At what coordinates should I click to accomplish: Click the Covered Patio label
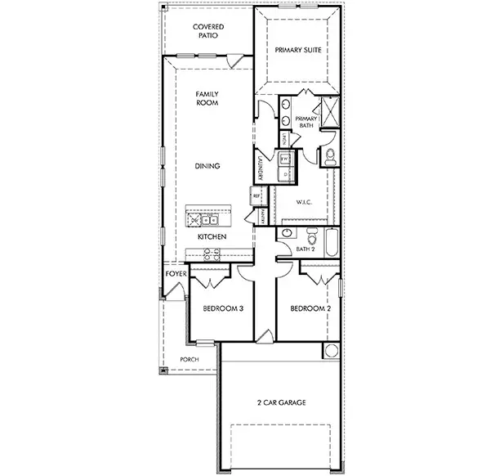pyautogui.click(x=208, y=31)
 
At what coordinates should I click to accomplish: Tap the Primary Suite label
pyautogui.click(x=297, y=50)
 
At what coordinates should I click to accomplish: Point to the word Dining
pyautogui.click(x=207, y=166)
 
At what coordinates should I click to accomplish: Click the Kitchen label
pyautogui.click(x=212, y=236)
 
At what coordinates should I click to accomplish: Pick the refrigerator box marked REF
pyautogui.click(x=256, y=196)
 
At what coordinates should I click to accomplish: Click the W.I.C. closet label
pyautogui.click(x=304, y=200)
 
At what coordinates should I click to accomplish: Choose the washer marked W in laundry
pyautogui.click(x=283, y=159)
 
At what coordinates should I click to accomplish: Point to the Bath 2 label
pyautogui.click(x=305, y=249)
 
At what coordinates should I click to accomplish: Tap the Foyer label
pyautogui.click(x=176, y=274)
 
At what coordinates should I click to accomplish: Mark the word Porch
pyautogui.click(x=190, y=359)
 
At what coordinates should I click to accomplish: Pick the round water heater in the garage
pyautogui.click(x=331, y=352)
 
